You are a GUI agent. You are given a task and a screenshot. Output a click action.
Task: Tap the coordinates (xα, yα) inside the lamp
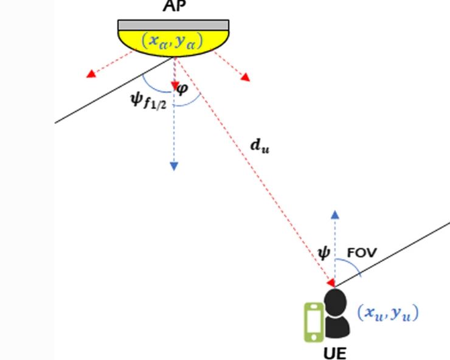coord(173,41)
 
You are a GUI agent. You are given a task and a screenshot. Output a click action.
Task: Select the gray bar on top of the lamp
coord(173,24)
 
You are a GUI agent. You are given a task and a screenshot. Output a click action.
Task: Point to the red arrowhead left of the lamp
coord(91,74)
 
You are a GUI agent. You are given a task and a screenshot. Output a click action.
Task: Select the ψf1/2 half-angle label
coord(148,100)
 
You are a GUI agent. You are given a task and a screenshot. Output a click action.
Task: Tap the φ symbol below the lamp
coord(182,89)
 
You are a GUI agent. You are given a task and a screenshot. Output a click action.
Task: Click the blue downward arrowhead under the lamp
coord(174,165)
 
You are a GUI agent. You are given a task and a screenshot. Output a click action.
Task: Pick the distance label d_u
coord(260,146)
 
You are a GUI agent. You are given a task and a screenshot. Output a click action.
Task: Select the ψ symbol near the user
coord(324,252)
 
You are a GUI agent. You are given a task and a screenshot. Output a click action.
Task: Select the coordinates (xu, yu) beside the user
coord(388,313)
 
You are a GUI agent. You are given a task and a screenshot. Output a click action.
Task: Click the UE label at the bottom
coord(335,352)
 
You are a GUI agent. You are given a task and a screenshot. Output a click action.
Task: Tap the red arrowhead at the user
coord(331,283)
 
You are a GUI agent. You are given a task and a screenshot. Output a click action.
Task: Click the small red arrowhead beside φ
coord(175,85)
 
